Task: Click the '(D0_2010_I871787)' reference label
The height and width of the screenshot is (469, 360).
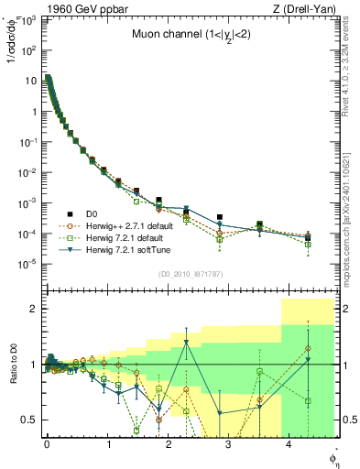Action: click(x=190, y=274)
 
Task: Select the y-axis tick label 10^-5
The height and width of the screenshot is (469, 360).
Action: click(x=29, y=264)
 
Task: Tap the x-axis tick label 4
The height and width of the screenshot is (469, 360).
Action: click(x=289, y=442)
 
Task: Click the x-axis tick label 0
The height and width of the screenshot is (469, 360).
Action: click(x=47, y=442)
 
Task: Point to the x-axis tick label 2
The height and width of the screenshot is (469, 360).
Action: click(x=168, y=442)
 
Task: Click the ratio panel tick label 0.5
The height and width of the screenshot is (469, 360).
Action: click(x=30, y=420)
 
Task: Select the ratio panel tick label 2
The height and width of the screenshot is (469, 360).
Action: click(x=34, y=309)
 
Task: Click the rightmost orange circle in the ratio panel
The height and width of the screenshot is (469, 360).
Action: click(x=308, y=348)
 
